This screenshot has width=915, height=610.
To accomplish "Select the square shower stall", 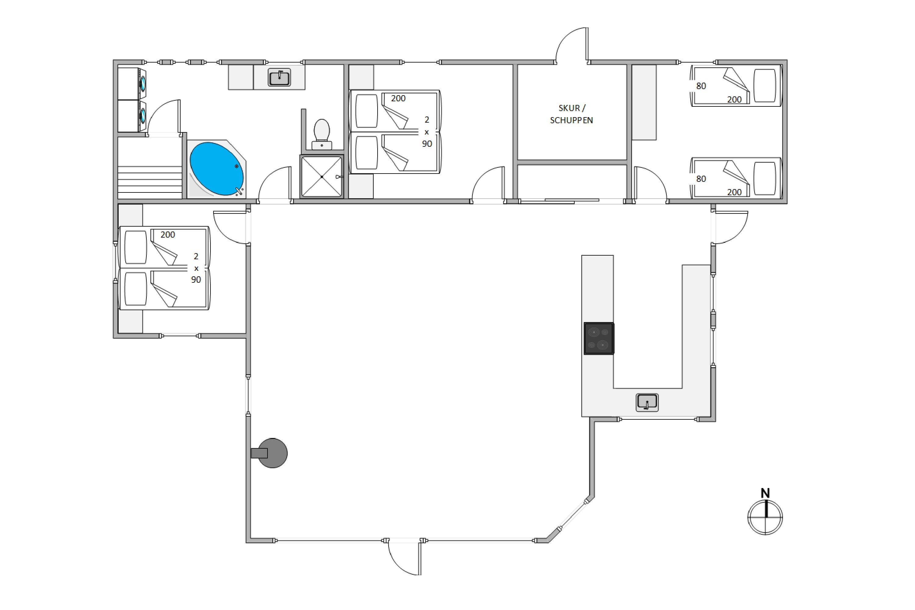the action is click(x=322, y=177).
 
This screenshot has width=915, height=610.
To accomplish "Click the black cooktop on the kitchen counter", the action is click(x=599, y=339).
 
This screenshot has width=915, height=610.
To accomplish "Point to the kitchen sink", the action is click(x=647, y=402).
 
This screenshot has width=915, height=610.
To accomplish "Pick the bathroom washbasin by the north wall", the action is click(x=279, y=77).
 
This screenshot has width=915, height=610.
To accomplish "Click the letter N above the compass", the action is click(x=765, y=493).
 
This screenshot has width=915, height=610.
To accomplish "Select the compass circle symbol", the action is click(x=765, y=517).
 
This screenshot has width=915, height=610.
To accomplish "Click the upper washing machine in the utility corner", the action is click(x=132, y=84).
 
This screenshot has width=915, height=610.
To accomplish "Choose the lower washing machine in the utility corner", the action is click(x=132, y=116).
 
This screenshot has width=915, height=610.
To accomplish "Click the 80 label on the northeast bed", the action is click(x=701, y=86).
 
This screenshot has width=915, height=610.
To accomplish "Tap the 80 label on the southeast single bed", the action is click(x=701, y=179).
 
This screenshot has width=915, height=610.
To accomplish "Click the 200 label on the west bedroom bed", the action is click(x=168, y=235).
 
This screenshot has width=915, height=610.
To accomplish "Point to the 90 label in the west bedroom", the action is click(x=196, y=280).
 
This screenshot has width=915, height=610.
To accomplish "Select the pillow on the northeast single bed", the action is click(x=765, y=86).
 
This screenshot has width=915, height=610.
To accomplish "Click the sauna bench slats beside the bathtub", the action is click(x=150, y=182).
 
